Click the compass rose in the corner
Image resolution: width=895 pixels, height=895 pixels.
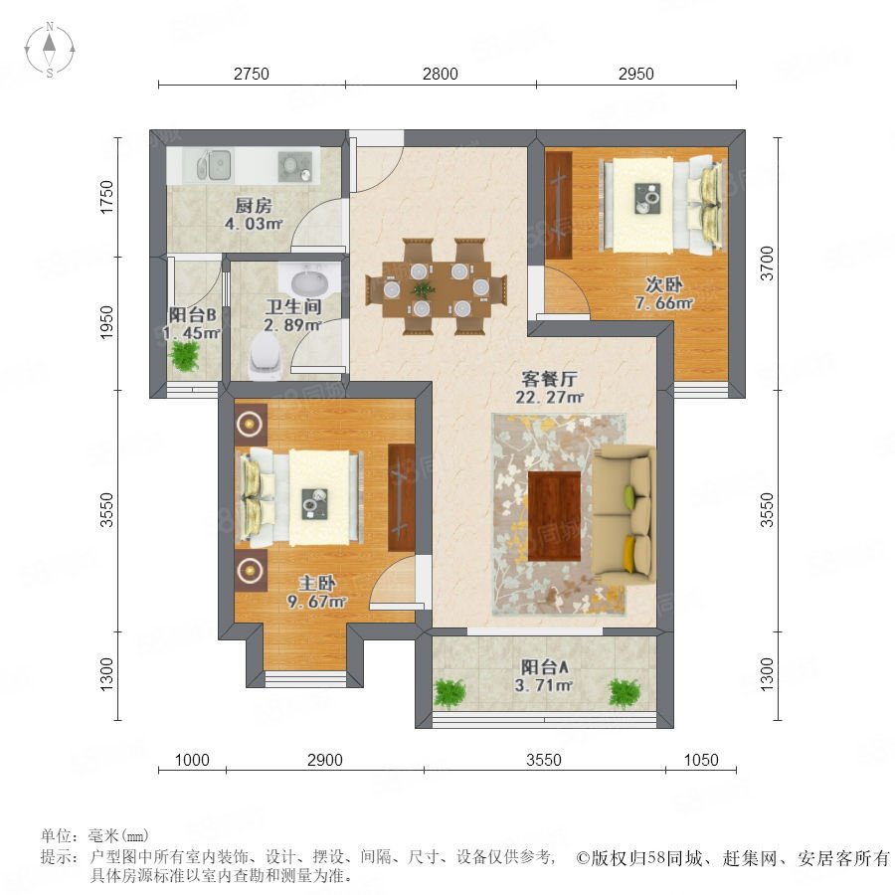tap(50, 50)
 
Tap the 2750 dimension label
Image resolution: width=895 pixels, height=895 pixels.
tap(252, 74)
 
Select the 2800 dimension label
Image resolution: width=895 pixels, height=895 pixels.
tap(441, 74)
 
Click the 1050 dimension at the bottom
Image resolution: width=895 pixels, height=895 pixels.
tap(701, 760)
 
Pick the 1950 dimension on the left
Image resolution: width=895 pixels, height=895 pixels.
tap(106, 322)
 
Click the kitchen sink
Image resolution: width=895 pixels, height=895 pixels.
tap(214, 165)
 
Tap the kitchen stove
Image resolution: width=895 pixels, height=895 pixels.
tap(295, 167)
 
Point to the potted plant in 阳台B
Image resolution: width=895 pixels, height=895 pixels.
tap(184, 356)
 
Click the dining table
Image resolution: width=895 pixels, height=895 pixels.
tap(437, 288)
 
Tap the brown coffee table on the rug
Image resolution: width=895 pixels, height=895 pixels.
tap(554, 516)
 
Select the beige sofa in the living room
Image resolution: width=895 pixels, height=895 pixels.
tap(624, 516)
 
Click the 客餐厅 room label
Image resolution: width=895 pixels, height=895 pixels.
tap(549, 379)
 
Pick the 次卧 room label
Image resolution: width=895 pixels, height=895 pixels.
tap(664, 284)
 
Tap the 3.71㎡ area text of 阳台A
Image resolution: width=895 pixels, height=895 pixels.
tap(543, 684)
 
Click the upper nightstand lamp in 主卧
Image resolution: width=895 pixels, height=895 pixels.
tap(250, 424)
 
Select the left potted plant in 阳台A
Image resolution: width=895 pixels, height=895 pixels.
tap(450, 694)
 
